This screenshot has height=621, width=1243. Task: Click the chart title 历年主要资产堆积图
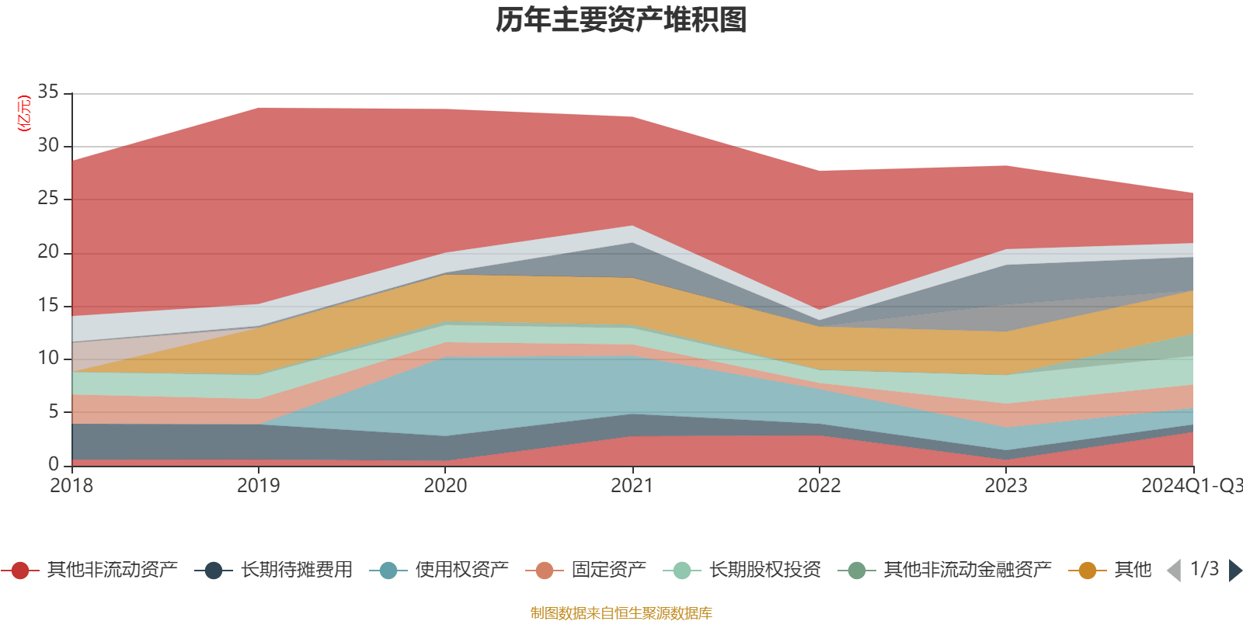[x=621, y=20]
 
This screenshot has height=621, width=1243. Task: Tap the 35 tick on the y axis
[x=48, y=92]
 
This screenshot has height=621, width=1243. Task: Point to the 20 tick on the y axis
[x=48, y=252]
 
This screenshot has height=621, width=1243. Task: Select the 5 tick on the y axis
[x=53, y=411]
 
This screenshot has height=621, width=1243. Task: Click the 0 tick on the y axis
[x=53, y=464]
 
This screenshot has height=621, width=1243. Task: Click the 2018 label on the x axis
[x=71, y=486]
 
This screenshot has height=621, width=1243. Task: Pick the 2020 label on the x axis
[x=445, y=486]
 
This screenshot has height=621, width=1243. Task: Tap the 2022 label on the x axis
[x=819, y=486]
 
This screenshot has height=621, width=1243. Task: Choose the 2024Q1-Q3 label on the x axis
[x=1190, y=486]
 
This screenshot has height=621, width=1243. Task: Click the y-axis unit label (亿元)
[x=24, y=113]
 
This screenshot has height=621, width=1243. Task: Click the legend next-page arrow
[x=1234, y=571]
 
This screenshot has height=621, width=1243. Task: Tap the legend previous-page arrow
[x=1174, y=571]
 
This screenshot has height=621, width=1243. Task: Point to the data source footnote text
[x=621, y=613]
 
